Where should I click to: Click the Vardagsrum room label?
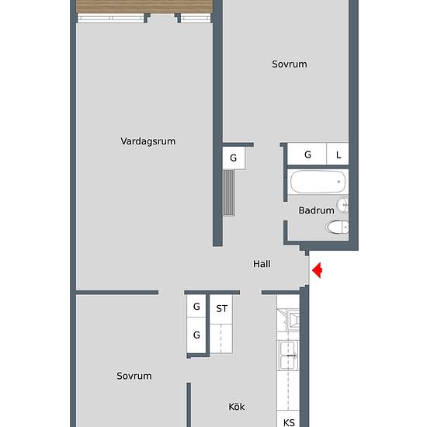point(148,141)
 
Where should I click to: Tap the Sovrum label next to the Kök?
point(134,376)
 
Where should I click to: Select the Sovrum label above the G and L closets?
point(289,64)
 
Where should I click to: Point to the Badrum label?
point(316,210)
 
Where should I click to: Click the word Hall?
point(262,264)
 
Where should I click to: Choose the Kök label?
point(237,406)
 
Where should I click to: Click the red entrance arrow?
point(317,270)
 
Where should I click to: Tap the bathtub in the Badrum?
point(317,183)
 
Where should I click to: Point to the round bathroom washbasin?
point(344,205)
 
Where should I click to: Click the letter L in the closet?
point(338,154)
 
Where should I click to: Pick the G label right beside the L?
point(307,154)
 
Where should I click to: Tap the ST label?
point(222,308)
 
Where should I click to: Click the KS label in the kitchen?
point(289,423)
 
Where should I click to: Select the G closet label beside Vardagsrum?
point(233,158)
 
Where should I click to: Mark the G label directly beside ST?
point(196,307)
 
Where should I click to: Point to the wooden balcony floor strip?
point(144,6)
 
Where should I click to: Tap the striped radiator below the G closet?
point(229,192)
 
